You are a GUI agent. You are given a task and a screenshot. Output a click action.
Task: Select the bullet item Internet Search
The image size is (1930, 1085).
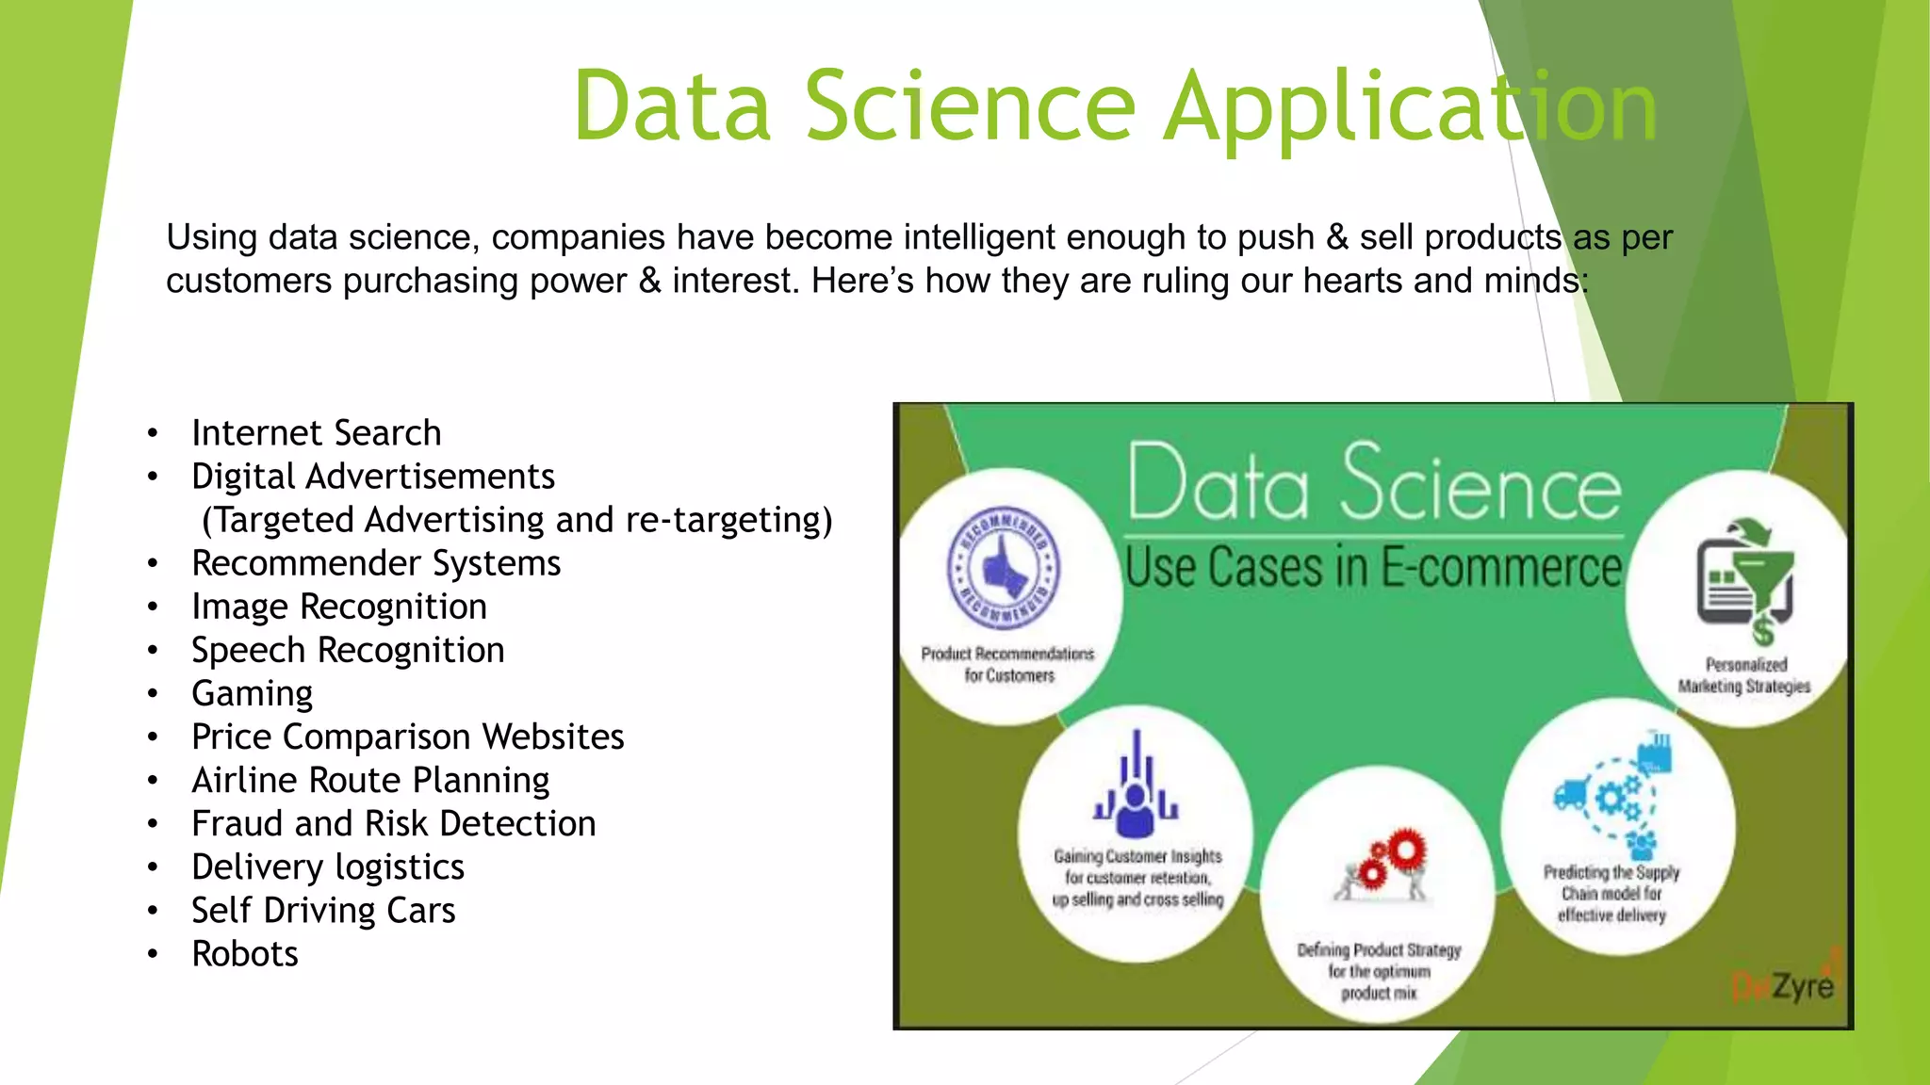[x=316, y=433]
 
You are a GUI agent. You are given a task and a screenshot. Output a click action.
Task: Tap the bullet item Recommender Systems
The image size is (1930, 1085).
[x=375, y=563]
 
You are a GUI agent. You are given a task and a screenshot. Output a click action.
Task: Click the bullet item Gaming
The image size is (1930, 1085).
[x=252, y=694]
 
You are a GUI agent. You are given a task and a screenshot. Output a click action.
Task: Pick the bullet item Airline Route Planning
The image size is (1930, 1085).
[x=370, y=781]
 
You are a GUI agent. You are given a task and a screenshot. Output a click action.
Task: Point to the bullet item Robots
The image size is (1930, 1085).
[x=245, y=954]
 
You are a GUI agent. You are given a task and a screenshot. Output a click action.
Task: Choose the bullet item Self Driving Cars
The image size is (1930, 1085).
[x=323, y=911]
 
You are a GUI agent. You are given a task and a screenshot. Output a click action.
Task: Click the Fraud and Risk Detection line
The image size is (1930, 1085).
[x=393, y=824]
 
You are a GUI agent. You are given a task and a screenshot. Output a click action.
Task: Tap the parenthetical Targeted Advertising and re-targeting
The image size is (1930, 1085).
[x=516, y=520]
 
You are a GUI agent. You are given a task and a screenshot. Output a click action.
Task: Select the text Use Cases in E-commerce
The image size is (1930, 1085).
[x=1374, y=567]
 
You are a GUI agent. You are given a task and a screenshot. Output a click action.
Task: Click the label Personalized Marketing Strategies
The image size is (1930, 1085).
[x=1744, y=675]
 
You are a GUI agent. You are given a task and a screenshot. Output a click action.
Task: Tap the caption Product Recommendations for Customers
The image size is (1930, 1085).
[x=1007, y=664]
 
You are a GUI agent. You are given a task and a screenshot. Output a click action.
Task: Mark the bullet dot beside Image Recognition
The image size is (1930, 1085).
[x=153, y=607]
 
